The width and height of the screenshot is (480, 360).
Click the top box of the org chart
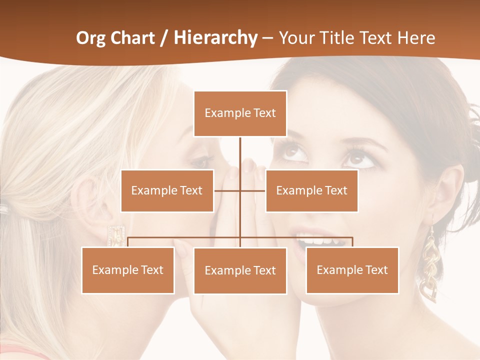point(240,113)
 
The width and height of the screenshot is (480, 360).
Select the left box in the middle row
point(167,190)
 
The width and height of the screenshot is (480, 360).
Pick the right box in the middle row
point(311,190)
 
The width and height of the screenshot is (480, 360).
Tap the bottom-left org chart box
point(128,270)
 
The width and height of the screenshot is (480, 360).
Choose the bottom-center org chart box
point(240,270)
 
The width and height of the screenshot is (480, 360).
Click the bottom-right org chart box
point(352,270)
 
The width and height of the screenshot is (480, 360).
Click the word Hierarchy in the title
point(215,38)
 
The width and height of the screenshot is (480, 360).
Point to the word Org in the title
point(90,38)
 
